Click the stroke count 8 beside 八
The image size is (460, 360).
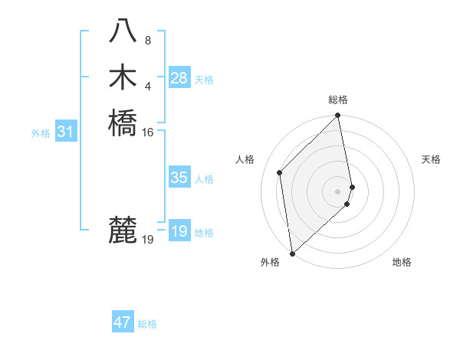(x=148, y=41)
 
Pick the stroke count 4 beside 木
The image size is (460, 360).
(x=148, y=85)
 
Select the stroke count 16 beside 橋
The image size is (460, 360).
(x=148, y=132)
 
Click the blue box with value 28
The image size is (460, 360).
(x=179, y=78)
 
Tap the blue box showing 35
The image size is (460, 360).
(x=179, y=178)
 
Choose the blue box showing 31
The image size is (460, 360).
(x=66, y=133)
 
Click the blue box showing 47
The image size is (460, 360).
(x=123, y=322)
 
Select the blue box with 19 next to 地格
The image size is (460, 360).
(x=179, y=232)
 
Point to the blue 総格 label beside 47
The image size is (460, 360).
(x=147, y=324)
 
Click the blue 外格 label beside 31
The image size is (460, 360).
(x=41, y=133)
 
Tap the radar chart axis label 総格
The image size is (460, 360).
(x=338, y=100)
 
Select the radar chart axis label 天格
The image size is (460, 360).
(x=431, y=159)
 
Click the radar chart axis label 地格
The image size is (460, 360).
(x=402, y=262)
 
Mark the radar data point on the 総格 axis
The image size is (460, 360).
(x=338, y=116)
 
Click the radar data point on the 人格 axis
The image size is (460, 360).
(x=280, y=172)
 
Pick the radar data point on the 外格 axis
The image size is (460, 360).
(x=292, y=254)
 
